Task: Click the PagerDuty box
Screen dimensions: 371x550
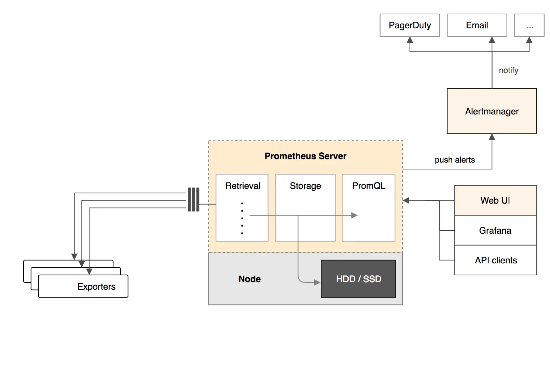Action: coord(410,25)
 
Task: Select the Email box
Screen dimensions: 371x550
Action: coord(477,25)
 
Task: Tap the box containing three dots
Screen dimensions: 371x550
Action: coord(529,25)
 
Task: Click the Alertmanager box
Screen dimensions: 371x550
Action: coord(492,111)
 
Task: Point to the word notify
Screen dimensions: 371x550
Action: coord(508,70)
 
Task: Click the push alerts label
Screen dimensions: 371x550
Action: coord(455,160)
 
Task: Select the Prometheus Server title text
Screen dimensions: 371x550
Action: coord(305,156)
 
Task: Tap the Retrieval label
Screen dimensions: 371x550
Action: coord(243,186)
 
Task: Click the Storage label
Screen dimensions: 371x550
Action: coord(305,186)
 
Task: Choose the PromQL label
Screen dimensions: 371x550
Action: coord(369,186)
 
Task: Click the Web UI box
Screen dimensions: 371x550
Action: coord(495,201)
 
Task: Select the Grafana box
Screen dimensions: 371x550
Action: coord(495,231)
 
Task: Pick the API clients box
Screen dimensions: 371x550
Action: coord(495,260)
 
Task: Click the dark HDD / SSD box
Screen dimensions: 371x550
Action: coord(358,279)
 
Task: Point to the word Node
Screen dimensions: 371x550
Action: coord(249,279)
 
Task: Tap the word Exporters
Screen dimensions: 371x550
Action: coord(96,287)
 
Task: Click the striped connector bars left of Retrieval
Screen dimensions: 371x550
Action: coord(193,200)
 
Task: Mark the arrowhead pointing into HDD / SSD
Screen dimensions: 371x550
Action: coord(317,283)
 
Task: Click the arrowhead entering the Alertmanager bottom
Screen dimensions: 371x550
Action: coord(492,137)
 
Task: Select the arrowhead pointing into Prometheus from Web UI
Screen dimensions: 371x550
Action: coord(406,201)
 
